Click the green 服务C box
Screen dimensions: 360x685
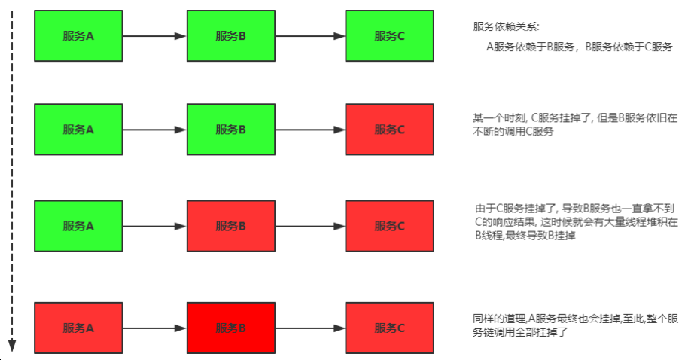389,35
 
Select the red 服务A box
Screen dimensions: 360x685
78,328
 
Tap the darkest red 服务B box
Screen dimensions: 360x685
231,328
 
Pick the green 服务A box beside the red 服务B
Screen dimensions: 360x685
78,225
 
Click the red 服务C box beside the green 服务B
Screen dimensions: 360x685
389,130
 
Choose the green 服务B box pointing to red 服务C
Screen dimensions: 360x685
231,130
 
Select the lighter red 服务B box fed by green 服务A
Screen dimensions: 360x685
231,225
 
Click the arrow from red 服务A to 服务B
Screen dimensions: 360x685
154,328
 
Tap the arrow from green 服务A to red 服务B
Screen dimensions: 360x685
154,225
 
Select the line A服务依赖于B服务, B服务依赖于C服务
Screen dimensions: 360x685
579,47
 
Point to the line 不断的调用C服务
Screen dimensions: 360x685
513,132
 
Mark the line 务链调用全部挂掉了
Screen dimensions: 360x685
519,332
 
